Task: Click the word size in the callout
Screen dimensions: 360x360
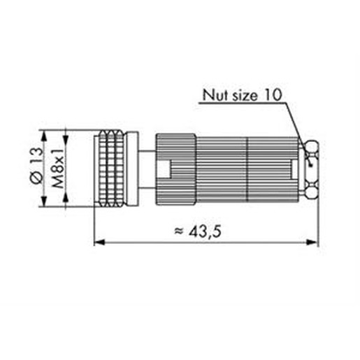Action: tap(245, 96)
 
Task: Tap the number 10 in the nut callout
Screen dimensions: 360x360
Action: tap(273, 95)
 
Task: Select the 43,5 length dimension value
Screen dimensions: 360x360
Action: tap(205, 232)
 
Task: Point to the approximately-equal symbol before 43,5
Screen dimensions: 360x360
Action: tap(179, 231)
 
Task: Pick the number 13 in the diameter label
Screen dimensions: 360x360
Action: tap(37, 156)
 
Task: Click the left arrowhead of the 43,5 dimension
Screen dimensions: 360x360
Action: tap(99, 243)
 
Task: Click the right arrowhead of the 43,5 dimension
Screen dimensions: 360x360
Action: tap(312, 243)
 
